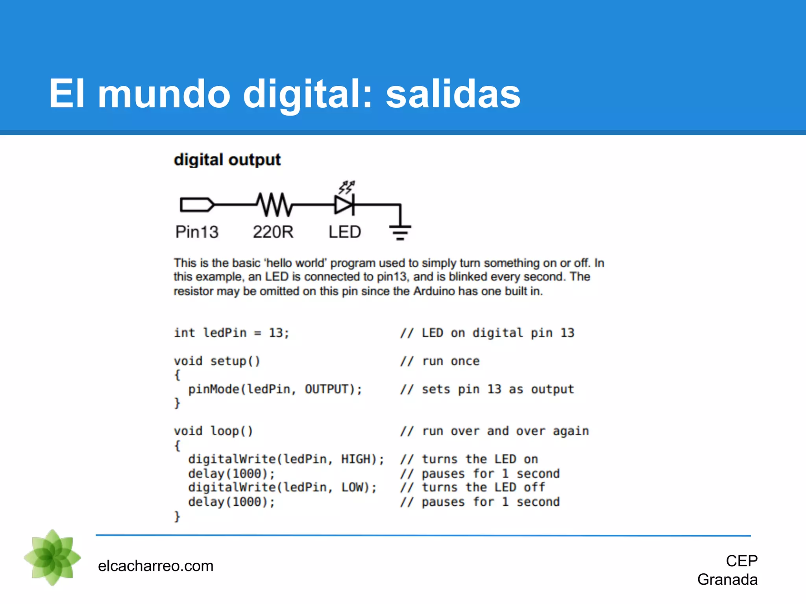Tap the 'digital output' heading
[x=227, y=160]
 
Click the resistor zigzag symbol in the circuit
[x=275, y=204]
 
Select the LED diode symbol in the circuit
[x=344, y=204]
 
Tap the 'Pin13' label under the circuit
[x=197, y=232]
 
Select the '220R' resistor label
[x=273, y=232]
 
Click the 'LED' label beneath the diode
[x=345, y=232]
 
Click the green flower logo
[x=52, y=557]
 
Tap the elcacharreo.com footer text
[x=155, y=566]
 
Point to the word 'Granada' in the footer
[x=727, y=580]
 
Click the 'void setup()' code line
[x=217, y=361]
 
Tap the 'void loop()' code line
[x=213, y=431]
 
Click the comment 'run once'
[x=451, y=361]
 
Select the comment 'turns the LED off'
[x=483, y=488]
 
